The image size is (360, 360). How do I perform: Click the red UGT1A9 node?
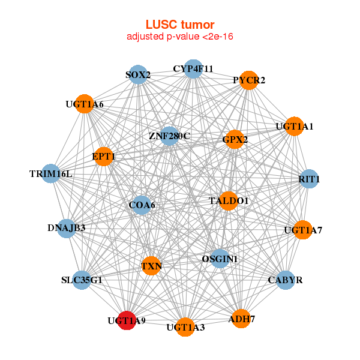(126, 320)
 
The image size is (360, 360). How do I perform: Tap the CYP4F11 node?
(193, 69)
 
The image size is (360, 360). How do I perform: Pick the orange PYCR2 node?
(249, 80)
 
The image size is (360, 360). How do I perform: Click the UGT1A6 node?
(85, 104)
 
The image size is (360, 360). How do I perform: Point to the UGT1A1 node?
(294, 126)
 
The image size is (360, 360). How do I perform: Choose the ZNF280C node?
(170, 136)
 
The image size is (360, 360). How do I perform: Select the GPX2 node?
(235, 139)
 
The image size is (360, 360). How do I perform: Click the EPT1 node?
(104, 156)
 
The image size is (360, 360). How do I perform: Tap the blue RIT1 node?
(308, 179)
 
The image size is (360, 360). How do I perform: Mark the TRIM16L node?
(51, 174)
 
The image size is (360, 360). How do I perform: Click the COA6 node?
(142, 205)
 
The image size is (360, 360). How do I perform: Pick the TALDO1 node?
(229, 200)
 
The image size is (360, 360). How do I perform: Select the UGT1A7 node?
(303, 229)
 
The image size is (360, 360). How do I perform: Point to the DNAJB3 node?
(66, 228)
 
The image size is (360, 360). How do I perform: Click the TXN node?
(152, 265)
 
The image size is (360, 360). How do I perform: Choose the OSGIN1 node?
(220, 259)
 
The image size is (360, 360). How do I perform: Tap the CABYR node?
(286, 280)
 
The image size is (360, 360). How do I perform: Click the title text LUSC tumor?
(179, 25)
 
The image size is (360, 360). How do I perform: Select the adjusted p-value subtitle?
(179, 37)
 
